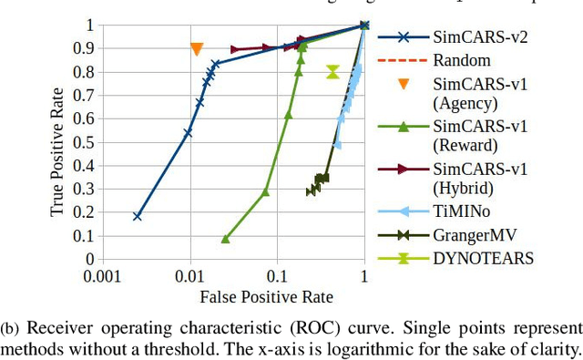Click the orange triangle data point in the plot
(x=197, y=49)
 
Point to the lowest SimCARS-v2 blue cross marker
(x=138, y=216)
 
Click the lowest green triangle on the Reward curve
(x=226, y=238)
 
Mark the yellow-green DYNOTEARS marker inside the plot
(x=332, y=72)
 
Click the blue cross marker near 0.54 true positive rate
(x=188, y=133)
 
